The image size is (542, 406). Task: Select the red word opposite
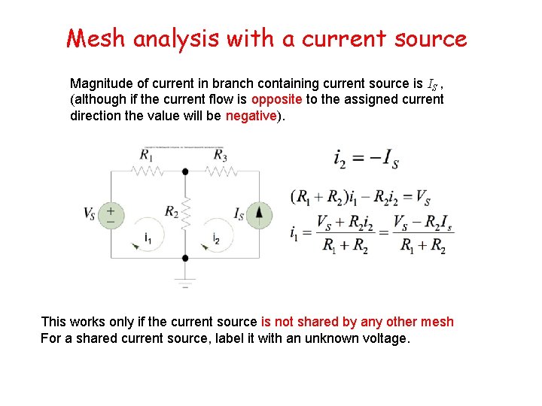tap(276, 99)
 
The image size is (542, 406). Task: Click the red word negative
tap(251, 116)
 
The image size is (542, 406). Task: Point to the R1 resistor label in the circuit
tap(148, 155)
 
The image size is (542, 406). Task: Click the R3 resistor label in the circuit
tap(220, 155)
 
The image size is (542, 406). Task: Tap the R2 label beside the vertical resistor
tap(172, 211)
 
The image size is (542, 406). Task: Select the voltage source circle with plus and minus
tap(111, 214)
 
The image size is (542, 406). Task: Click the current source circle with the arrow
tap(259, 214)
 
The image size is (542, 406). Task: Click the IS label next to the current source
tap(239, 214)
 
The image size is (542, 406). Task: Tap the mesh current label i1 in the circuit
tap(149, 239)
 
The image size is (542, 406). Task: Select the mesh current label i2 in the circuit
tap(217, 239)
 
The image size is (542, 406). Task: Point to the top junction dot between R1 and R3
tap(185, 171)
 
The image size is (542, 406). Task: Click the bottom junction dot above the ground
tap(185, 258)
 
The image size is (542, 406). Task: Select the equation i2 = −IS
tap(366, 159)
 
